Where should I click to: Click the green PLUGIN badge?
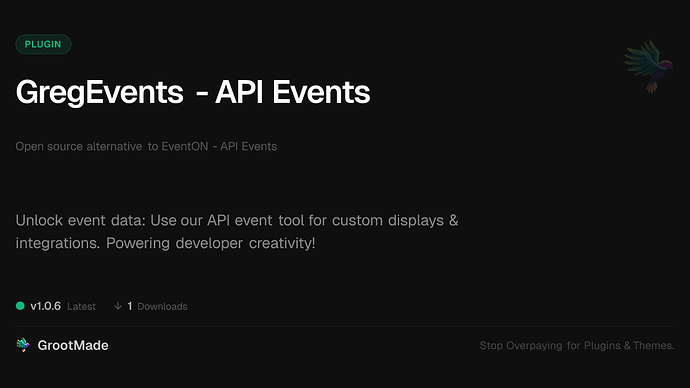pos(43,44)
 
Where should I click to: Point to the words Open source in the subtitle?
pos(46,146)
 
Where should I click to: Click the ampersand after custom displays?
pos(452,220)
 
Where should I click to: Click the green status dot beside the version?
pos(20,306)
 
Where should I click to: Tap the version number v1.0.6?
pos(48,306)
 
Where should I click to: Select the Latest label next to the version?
pos(82,306)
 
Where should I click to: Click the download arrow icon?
pos(118,306)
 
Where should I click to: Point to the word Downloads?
pos(162,306)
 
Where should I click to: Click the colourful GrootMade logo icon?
pos(23,345)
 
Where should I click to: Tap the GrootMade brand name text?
pos(73,345)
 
